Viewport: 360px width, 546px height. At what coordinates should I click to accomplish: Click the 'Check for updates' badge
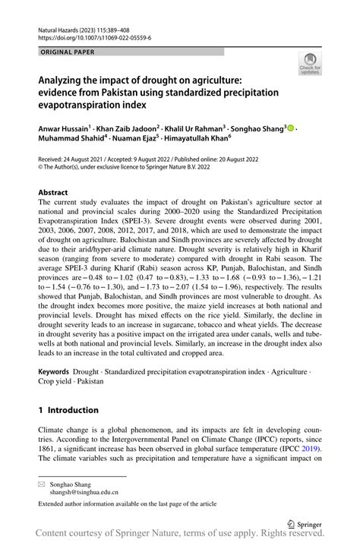tap(311, 64)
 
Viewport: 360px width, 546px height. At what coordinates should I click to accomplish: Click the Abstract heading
tap(55, 194)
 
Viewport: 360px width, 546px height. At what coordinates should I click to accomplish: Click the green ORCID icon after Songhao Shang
tap(289, 129)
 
